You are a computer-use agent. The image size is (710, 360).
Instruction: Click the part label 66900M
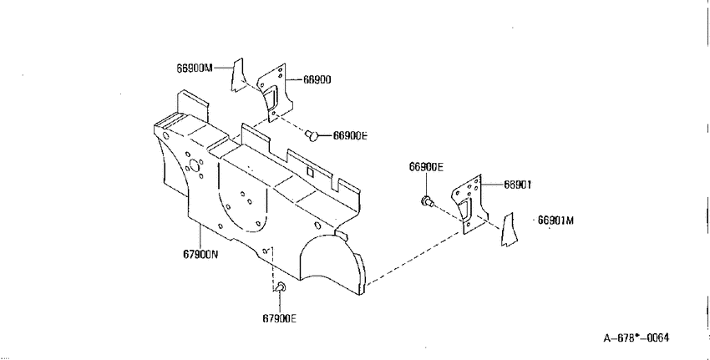tap(195, 68)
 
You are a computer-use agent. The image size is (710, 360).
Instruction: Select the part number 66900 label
tap(317, 79)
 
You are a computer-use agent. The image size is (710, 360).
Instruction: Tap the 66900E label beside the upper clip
tap(350, 135)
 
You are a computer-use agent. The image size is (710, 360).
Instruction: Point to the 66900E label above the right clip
tap(426, 167)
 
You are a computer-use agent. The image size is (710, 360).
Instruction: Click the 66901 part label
tap(518, 185)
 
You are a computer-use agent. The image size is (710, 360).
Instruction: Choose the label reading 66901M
tap(555, 221)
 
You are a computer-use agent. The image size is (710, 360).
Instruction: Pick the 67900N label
tap(200, 255)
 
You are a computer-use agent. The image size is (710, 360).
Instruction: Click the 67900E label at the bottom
tap(279, 318)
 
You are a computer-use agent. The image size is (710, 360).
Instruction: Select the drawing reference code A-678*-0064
tap(636, 337)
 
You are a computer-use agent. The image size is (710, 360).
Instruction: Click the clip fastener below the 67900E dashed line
tap(280, 287)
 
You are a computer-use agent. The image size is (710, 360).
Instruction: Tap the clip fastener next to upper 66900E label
tap(312, 135)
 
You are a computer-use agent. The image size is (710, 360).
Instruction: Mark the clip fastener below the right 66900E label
tap(427, 201)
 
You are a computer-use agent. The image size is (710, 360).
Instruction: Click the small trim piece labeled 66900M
tap(238, 74)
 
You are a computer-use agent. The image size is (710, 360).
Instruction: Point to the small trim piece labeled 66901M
tap(509, 230)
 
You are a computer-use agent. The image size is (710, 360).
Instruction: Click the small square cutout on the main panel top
tap(311, 171)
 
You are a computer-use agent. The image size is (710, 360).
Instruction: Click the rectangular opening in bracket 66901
tap(465, 210)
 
